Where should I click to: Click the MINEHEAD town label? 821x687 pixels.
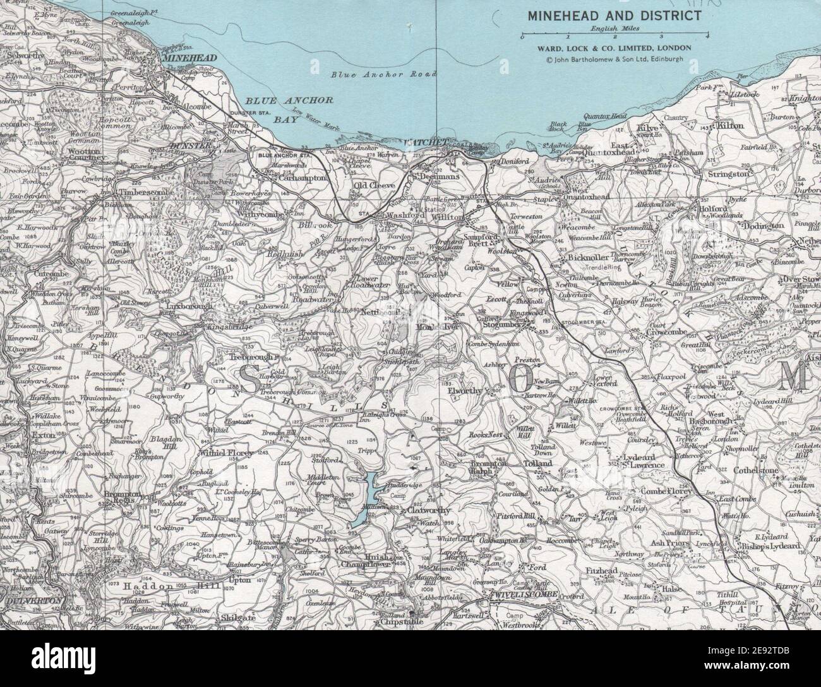tap(189, 58)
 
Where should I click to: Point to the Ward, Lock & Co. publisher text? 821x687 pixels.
tap(613, 48)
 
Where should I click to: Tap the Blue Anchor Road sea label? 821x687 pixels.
tap(384, 75)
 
